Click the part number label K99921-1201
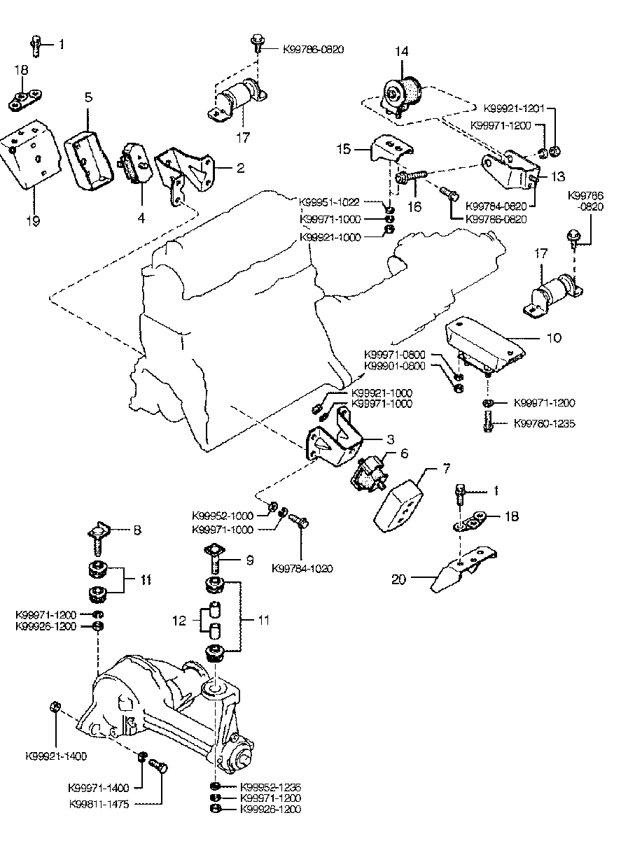pos(513,109)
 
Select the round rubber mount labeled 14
pos(402,95)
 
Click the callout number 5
pos(88,97)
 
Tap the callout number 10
pos(553,338)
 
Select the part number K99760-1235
pos(545,424)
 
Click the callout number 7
pos(426,466)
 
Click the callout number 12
pos(181,620)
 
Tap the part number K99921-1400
pos(56,756)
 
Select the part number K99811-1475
pos(99,804)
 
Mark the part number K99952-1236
pos(270,786)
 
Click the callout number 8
pos(137,530)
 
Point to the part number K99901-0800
pos(395,366)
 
